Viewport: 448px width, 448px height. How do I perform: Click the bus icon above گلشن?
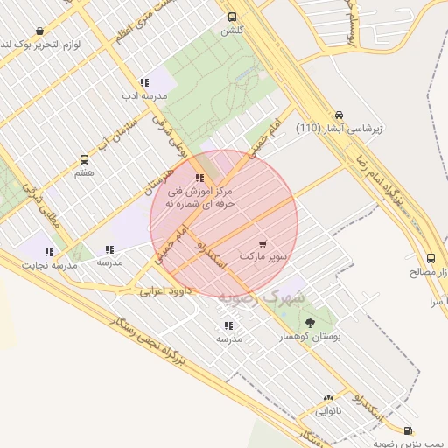(232, 17)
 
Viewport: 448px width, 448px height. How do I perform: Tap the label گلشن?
(232, 31)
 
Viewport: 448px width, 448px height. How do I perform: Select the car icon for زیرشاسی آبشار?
(339, 115)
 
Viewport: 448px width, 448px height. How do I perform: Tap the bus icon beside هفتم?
(84, 160)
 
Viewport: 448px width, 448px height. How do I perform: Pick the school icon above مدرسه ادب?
(144, 82)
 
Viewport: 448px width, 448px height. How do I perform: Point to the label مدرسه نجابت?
(52, 264)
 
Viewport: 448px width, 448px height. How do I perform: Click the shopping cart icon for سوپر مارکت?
(263, 243)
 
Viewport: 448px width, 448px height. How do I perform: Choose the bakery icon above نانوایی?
(329, 398)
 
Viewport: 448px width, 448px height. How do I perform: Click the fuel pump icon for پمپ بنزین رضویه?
(409, 430)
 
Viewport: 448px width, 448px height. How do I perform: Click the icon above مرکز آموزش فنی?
(200, 178)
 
